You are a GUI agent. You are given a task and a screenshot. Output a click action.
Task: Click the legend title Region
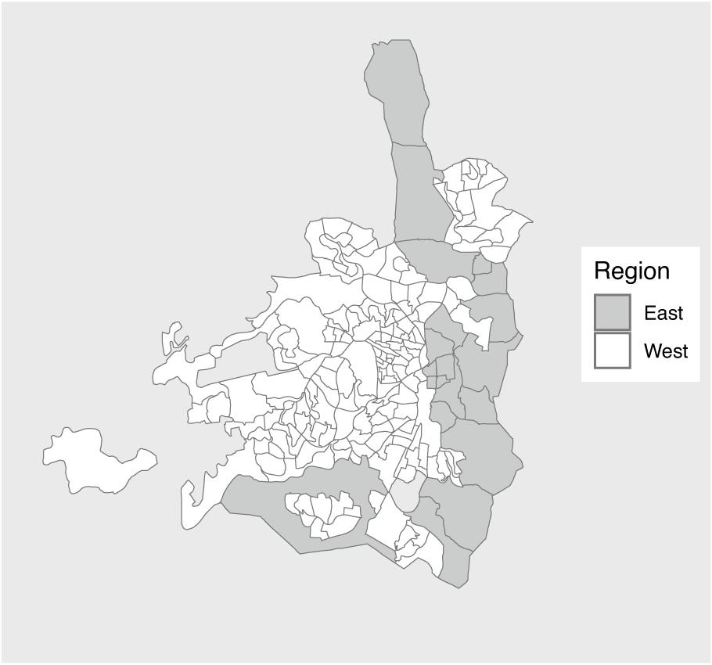click(x=631, y=271)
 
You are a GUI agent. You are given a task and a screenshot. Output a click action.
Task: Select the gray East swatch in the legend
click(x=612, y=313)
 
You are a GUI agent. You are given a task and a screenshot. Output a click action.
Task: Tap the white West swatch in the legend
click(x=612, y=350)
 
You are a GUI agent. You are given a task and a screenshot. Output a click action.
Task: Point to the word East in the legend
click(x=663, y=313)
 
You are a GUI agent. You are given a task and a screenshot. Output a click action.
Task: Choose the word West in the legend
click(x=666, y=350)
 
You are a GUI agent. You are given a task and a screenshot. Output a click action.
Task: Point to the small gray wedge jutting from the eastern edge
click(x=518, y=337)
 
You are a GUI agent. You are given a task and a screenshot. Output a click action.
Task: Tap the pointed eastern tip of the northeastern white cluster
click(x=530, y=219)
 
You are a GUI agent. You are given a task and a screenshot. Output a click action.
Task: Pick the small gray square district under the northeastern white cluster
click(x=482, y=266)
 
